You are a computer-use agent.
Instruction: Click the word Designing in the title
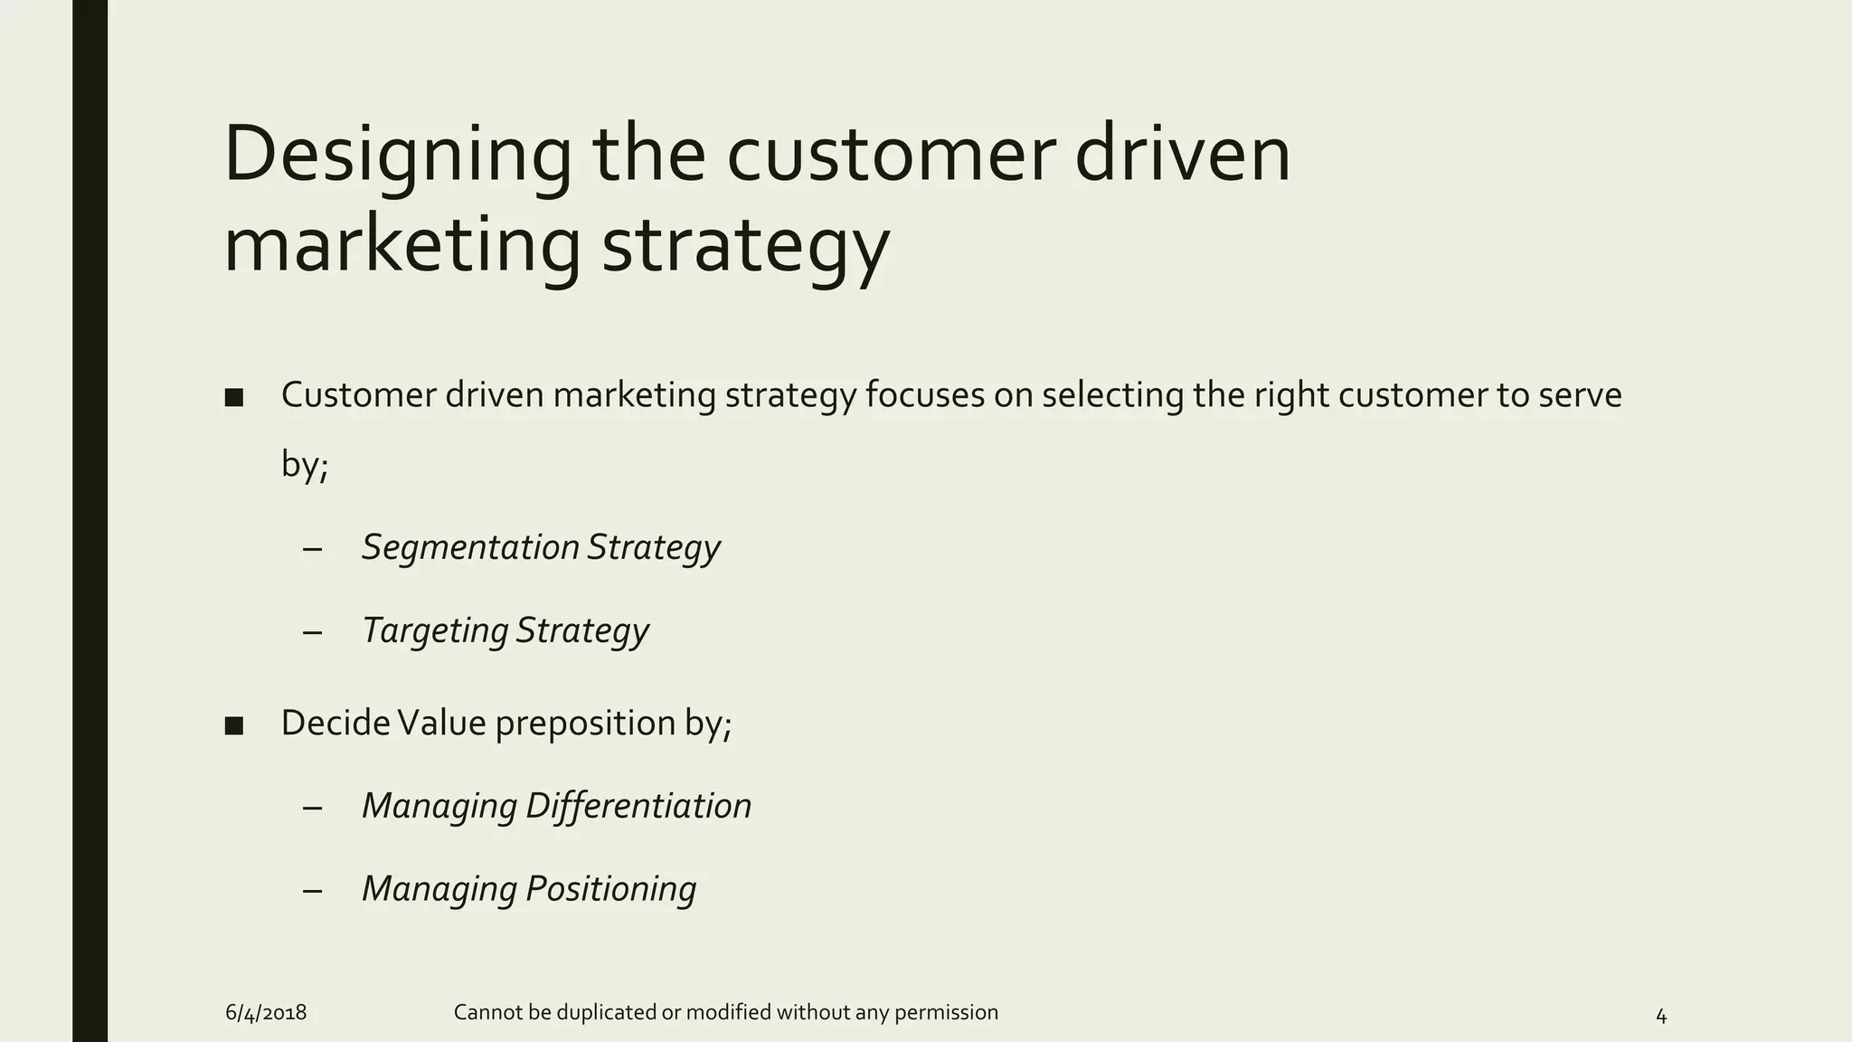(x=398, y=156)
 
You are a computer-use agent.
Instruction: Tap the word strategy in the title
(x=745, y=246)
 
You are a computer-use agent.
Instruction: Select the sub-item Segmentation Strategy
(x=541, y=548)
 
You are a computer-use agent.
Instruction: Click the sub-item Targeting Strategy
(x=505, y=631)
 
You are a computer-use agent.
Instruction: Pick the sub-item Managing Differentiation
(x=556, y=806)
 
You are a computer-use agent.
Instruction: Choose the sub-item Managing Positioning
(x=529, y=889)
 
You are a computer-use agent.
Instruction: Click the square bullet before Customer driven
(x=234, y=398)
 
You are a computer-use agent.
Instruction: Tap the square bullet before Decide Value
(x=234, y=725)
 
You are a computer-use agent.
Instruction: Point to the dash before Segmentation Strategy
(x=313, y=550)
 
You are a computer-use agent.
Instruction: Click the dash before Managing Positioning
(x=313, y=891)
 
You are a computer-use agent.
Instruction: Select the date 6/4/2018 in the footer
(x=266, y=1013)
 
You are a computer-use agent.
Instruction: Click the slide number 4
(x=1660, y=1017)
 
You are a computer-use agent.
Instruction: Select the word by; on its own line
(x=304, y=466)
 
